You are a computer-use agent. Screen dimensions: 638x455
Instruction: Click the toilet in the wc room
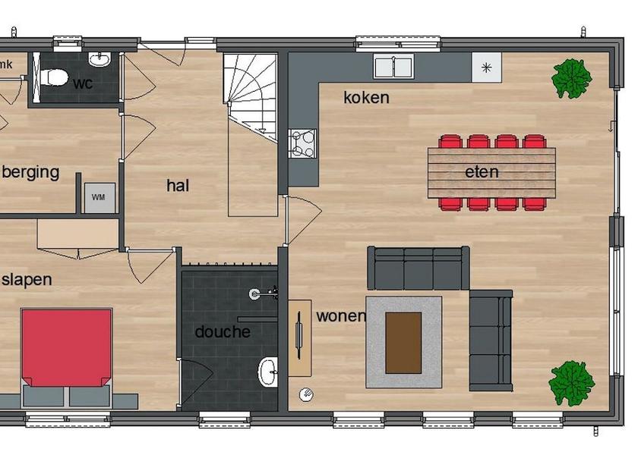click(x=54, y=77)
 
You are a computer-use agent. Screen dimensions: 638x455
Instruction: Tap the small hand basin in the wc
click(x=99, y=59)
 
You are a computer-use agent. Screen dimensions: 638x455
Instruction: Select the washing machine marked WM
click(x=99, y=198)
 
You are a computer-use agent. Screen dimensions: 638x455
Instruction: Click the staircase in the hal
click(x=250, y=98)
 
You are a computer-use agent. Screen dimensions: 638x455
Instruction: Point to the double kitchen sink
click(x=393, y=67)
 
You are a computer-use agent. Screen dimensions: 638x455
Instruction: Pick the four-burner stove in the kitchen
click(x=302, y=143)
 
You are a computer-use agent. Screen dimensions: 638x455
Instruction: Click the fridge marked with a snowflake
click(x=486, y=67)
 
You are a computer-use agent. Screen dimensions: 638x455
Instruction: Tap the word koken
click(x=366, y=98)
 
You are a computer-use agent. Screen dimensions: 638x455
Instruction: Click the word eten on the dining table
click(x=482, y=172)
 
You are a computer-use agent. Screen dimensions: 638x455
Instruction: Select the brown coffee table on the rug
click(x=403, y=343)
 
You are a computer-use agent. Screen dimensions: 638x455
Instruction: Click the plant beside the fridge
click(x=571, y=79)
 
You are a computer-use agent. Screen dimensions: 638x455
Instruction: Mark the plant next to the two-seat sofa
click(x=572, y=383)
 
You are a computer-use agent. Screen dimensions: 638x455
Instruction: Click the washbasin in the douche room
click(x=267, y=372)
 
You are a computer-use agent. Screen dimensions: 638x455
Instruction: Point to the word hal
click(x=178, y=186)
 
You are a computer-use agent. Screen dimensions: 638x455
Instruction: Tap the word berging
click(x=30, y=173)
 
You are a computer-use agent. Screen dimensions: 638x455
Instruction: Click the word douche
click(x=223, y=332)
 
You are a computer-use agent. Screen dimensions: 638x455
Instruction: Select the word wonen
click(x=341, y=316)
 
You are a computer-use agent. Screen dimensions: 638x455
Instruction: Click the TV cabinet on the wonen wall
click(x=300, y=338)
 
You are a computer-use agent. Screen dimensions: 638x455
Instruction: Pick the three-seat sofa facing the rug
click(x=418, y=268)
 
